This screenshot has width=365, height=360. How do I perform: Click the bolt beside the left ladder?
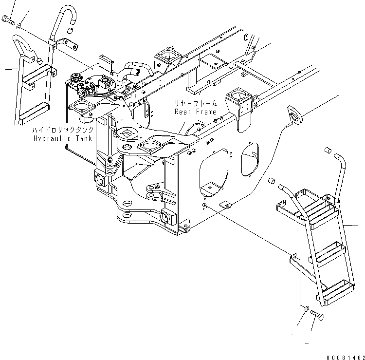(x=7, y=20)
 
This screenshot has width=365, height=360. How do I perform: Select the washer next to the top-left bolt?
(x=18, y=26)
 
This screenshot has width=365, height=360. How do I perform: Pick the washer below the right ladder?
(x=305, y=308)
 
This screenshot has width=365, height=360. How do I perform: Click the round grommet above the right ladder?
(x=294, y=114)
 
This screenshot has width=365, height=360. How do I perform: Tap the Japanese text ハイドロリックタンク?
(x=63, y=131)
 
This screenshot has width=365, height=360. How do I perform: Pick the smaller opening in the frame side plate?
(x=251, y=158)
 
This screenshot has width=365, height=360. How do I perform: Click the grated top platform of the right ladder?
(x=310, y=205)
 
